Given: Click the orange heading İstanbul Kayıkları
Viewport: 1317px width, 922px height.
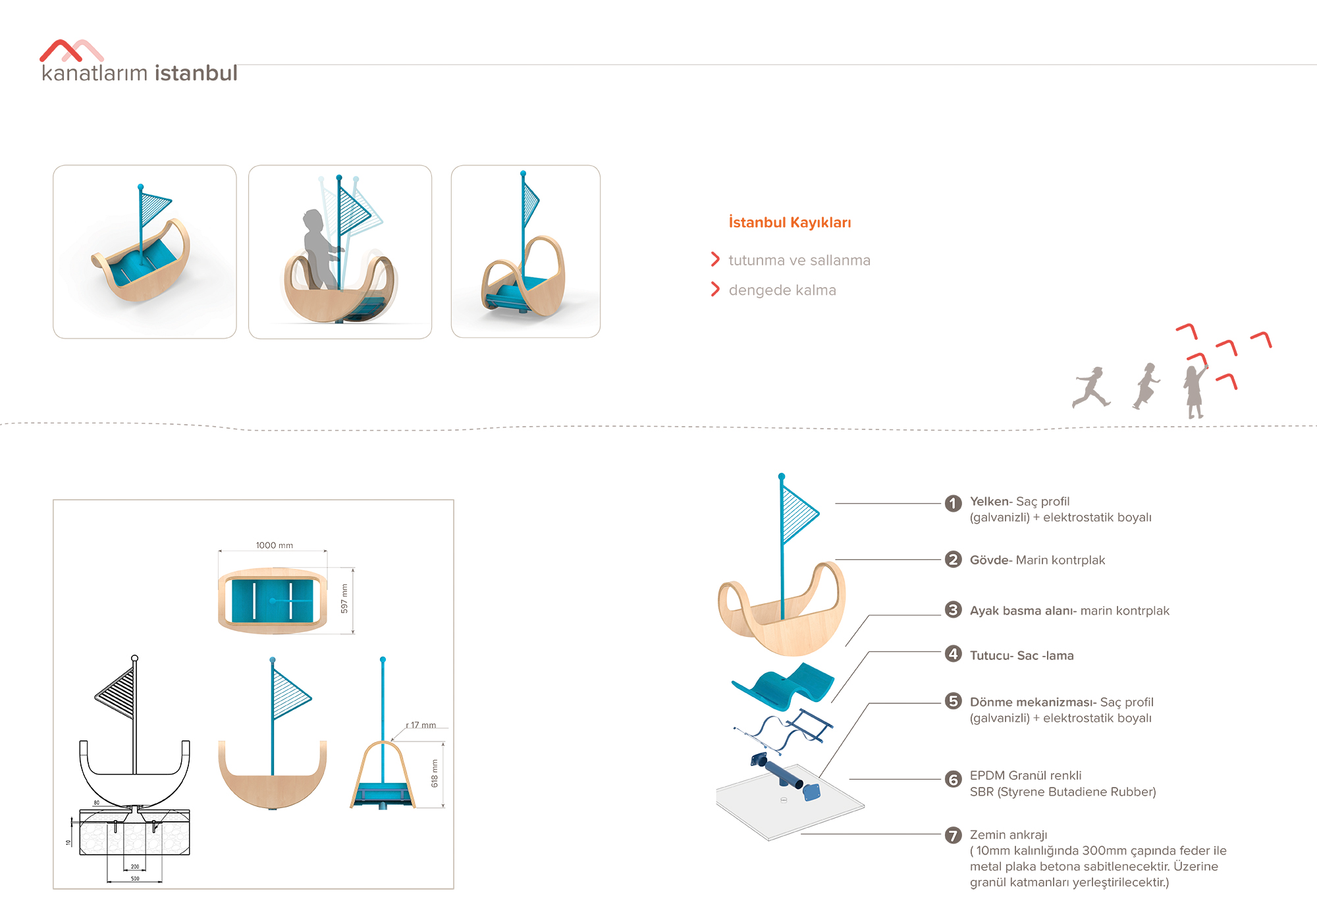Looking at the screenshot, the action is pos(790,223).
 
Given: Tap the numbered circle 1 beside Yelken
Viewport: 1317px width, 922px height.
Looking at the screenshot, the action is pos(953,503).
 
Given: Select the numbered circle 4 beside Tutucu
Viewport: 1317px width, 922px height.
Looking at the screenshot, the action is pos(953,654).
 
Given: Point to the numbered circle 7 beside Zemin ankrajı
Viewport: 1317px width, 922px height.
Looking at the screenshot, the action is pos(953,835).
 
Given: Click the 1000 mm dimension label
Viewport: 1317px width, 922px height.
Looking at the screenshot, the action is pos(275,545).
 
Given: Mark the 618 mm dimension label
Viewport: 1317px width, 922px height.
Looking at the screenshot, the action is pos(435,773).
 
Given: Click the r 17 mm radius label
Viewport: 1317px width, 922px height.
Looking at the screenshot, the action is pos(421,725).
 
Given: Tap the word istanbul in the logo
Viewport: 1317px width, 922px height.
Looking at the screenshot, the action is pos(196,73).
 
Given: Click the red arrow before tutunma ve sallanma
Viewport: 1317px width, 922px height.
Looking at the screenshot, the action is pos(715,259).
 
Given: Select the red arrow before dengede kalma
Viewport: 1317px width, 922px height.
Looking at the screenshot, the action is pos(715,289).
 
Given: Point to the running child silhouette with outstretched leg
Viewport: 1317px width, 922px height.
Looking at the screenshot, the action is pos(1091,387).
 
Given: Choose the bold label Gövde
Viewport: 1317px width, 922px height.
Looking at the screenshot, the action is pos(991,560).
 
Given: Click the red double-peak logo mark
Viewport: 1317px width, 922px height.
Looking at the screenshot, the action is pos(71,51).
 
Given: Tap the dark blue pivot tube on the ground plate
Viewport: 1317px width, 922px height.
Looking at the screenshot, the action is pos(784,774).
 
